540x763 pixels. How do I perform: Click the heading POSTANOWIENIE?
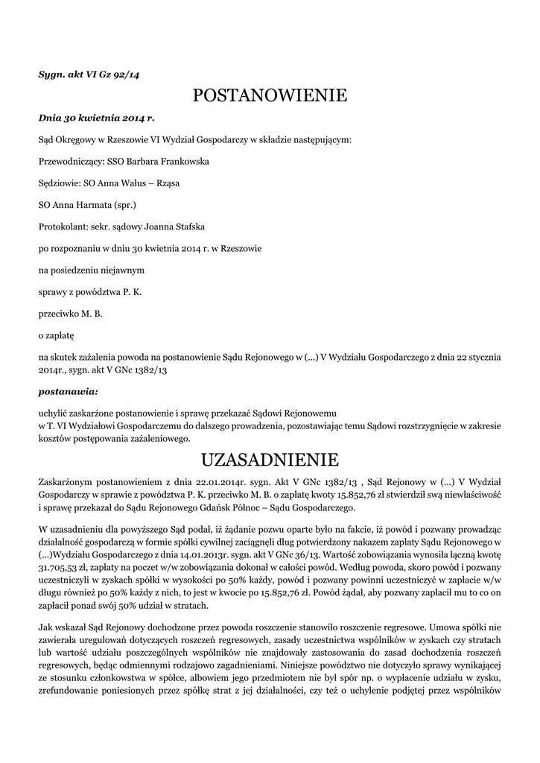click(x=270, y=95)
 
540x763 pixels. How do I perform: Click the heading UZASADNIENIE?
click(x=270, y=457)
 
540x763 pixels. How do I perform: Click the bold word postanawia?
click(x=68, y=390)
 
